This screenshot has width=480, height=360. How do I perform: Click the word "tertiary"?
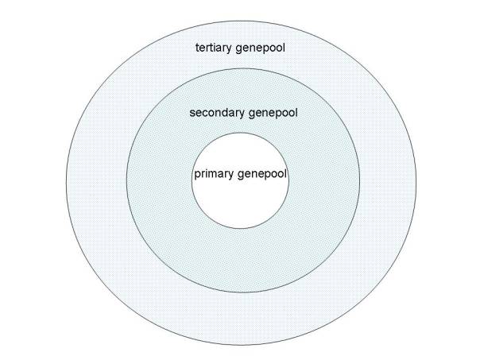pos(213,48)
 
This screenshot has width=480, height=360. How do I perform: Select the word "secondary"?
pos(217,113)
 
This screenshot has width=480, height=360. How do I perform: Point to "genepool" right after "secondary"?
pos(273,113)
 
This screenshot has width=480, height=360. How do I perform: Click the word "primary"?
pos(214,174)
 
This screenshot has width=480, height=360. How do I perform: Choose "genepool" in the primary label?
pos(262,174)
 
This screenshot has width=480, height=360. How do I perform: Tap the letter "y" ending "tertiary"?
pos(229,49)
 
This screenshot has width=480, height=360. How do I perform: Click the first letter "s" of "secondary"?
pos(192,114)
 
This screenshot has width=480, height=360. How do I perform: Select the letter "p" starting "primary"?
pos(197,176)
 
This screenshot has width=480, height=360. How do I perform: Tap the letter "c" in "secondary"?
pos(204,114)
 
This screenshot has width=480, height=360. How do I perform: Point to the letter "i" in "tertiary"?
pos(217,48)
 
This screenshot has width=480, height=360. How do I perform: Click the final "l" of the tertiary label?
pos(284,48)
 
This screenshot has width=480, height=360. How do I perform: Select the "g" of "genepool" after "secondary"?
pos(252,114)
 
